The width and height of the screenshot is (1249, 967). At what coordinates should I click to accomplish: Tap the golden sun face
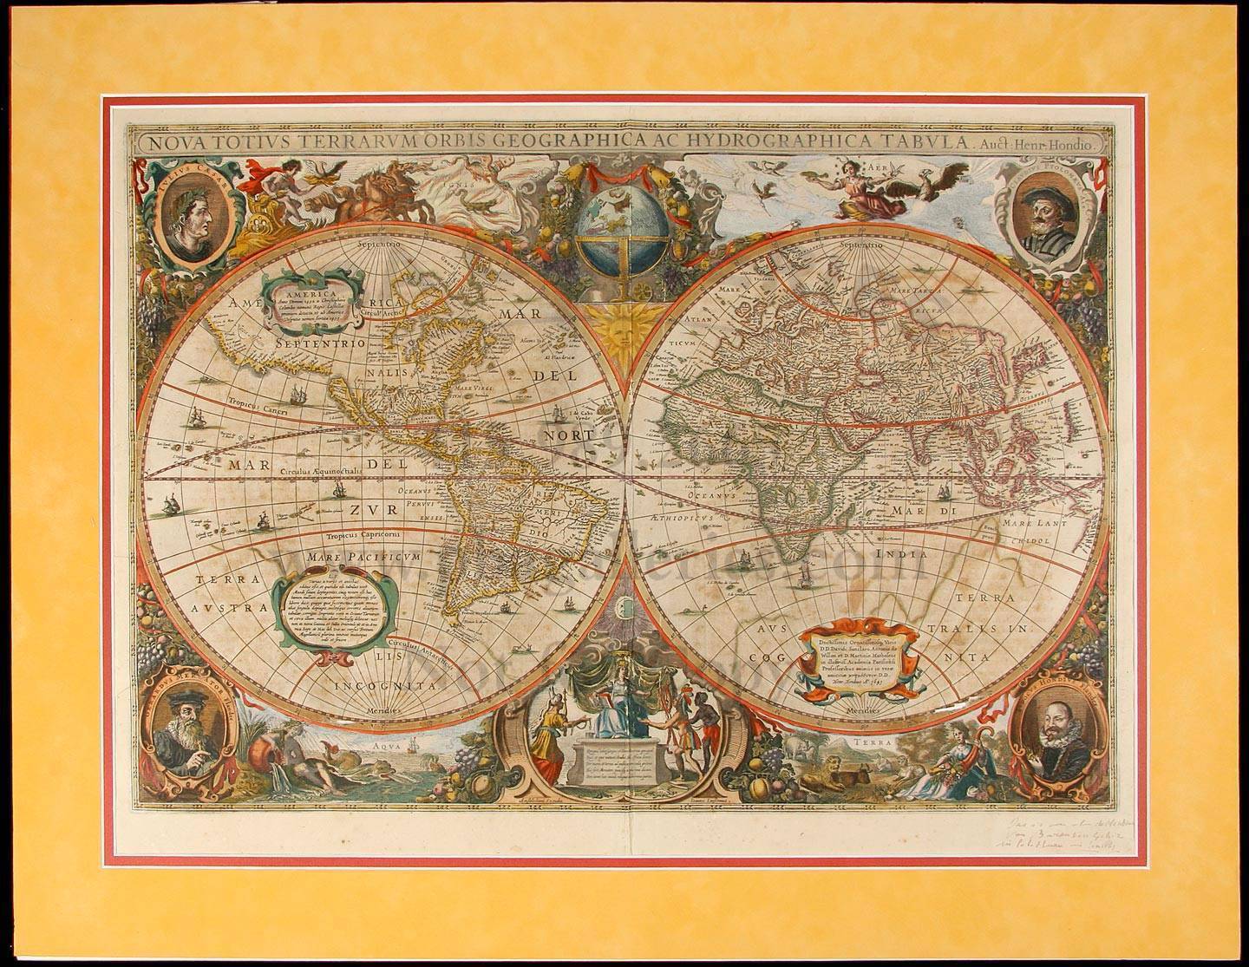click(623, 331)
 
